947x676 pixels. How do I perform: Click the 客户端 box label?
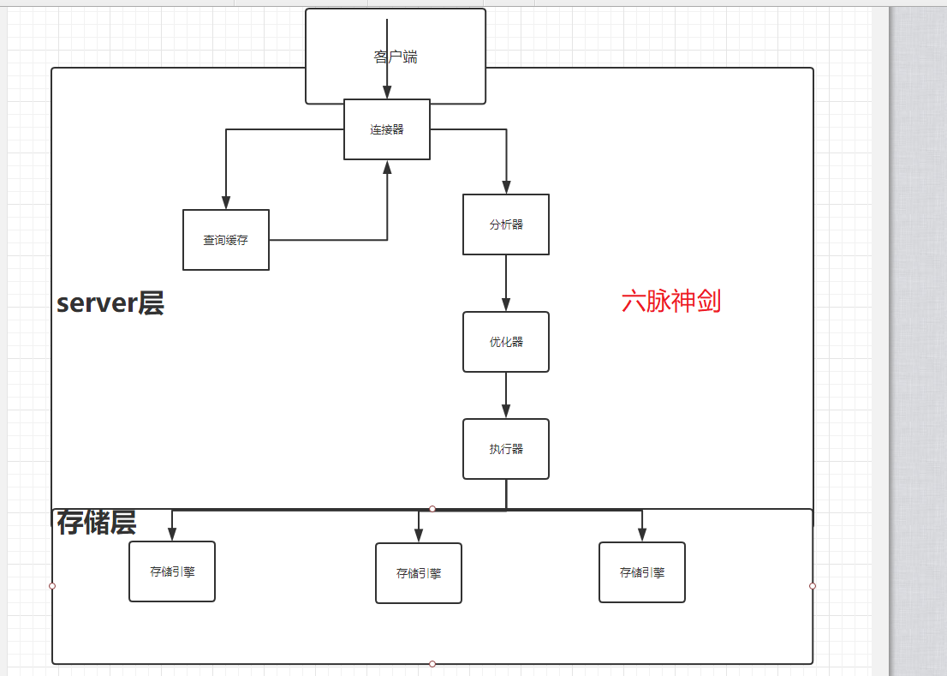click(396, 57)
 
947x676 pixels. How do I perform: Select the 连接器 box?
click(387, 129)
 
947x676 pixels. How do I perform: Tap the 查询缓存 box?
click(226, 240)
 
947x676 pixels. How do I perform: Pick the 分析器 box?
click(506, 224)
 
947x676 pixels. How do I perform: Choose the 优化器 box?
click(506, 342)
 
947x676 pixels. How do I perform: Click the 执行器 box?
click(506, 449)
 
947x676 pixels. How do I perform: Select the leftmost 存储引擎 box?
click(172, 571)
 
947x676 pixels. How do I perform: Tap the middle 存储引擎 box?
click(419, 573)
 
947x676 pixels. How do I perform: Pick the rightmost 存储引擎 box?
click(642, 572)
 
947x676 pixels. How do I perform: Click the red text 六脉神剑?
click(671, 302)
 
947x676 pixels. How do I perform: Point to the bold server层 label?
click(110, 303)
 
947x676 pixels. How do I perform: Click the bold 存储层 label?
click(97, 522)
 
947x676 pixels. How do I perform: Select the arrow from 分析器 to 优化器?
click(506, 283)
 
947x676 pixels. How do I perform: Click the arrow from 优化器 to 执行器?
click(506, 395)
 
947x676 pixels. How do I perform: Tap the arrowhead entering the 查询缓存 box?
click(226, 203)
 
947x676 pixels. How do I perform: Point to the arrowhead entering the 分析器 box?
click(506, 188)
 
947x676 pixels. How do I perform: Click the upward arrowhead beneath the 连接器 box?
click(387, 167)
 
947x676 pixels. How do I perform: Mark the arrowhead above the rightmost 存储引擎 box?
click(642, 535)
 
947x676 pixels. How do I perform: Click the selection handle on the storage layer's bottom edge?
click(432, 664)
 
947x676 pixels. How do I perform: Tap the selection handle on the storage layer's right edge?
click(813, 586)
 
